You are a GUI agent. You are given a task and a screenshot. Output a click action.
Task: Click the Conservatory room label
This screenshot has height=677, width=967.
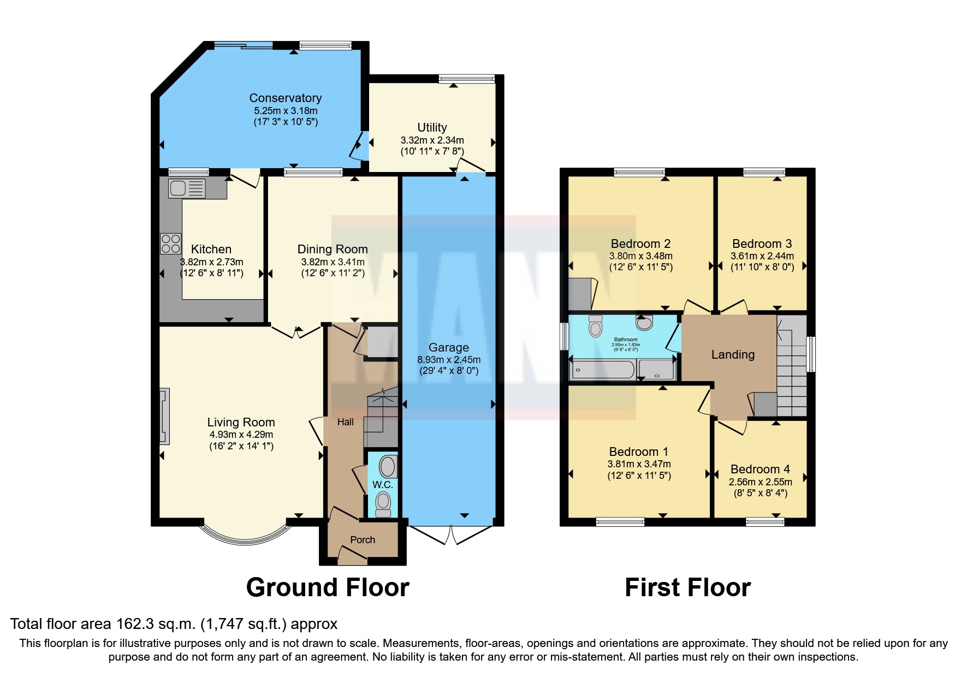(285, 98)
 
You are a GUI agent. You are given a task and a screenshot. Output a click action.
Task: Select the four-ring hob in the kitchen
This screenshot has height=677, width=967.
(170, 244)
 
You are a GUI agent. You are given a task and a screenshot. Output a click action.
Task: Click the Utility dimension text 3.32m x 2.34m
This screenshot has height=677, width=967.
(432, 140)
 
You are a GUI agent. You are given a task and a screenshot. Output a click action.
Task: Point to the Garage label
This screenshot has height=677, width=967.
(448, 348)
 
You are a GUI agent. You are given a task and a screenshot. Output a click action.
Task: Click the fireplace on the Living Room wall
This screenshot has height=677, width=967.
(164, 416)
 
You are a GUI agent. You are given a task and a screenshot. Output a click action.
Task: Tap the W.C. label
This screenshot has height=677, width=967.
(382, 485)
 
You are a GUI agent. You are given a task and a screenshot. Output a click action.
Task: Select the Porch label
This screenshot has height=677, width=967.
(363, 540)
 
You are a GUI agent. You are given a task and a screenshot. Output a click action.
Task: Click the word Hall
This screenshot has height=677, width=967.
(345, 422)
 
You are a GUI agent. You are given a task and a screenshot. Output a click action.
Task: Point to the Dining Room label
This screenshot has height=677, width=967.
(332, 250)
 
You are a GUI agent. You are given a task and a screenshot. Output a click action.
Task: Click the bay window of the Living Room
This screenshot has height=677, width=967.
(245, 538)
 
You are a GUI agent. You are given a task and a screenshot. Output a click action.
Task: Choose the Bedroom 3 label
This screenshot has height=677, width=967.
(762, 244)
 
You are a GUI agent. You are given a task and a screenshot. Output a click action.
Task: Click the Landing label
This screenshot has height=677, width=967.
(732, 355)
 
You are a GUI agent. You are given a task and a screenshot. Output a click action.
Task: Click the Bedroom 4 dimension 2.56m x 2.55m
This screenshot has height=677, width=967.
(760, 482)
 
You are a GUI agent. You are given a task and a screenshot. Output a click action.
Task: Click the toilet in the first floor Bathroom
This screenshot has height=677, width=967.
(595, 326)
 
